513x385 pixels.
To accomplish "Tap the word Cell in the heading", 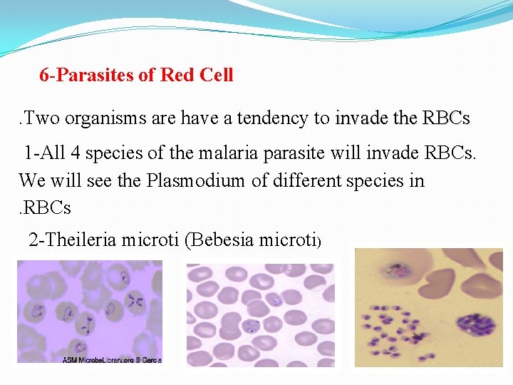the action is pyautogui.click(x=217, y=74).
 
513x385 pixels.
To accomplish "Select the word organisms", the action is pyautogui.click(x=105, y=118).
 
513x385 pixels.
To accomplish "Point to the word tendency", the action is pyautogui.click(x=272, y=118).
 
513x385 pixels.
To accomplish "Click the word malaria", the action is pyautogui.click(x=228, y=153).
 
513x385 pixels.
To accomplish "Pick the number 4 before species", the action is pyautogui.click(x=76, y=153).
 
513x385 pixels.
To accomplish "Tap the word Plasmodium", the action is pyautogui.click(x=195, y=180).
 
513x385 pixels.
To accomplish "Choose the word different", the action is pyautogui.click(x=307, y=180).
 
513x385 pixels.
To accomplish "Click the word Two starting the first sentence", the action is pyautogui.click(x=41, y=118).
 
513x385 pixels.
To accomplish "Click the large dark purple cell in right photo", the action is pyautogui.click(x=475, y=325).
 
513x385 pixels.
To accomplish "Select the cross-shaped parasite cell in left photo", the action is pyautogui.click(x=135, y=301).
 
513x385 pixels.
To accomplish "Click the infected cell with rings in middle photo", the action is pyautogui.click(x=252, y=327).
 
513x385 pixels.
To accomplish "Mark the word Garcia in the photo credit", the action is pyautogui.click(x=152, y=360).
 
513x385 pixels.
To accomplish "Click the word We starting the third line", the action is pyautogui.click(x=32, y=180).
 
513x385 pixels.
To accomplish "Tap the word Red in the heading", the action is pyautogui.click(x=177, y=75).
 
